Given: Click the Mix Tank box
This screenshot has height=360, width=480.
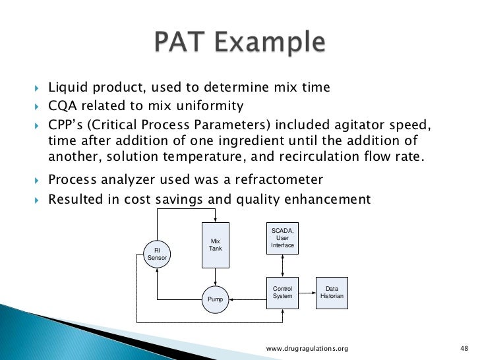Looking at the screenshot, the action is (x=216, y=245).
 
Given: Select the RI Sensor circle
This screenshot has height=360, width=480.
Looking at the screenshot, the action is (x=157, y=255).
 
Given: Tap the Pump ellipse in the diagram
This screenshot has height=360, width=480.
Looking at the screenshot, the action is (x=216, y=299).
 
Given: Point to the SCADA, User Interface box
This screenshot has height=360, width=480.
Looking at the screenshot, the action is (x=282, y=238).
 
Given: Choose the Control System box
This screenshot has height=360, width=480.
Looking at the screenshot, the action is (x=282, y=293).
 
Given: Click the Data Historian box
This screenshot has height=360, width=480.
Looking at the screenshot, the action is (x=331, y=293).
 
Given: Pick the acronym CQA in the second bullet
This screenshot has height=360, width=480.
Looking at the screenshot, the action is (x=64, y=106).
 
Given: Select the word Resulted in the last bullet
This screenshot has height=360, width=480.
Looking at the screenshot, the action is (x=75, y=200).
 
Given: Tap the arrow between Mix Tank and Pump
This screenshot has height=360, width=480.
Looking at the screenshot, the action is (x=216, y=278).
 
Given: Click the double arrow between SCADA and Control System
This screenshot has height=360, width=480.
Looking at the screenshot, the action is (x=282, y=266).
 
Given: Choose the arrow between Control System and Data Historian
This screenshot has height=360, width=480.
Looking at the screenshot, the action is (x=307, y=293).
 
